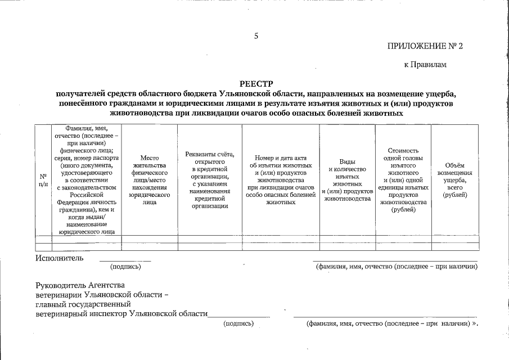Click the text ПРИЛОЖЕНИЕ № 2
click(x=425, y=46)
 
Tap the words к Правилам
click(x=425, y=65)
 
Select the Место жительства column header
click(x=150, y=179)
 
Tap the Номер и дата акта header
click(x=280, y=179)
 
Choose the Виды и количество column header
click(x=347, y=179)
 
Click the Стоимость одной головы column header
click(x=403, y=180)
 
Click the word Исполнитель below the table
click(x=60, y=258)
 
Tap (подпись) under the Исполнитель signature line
click(x=125, y=267)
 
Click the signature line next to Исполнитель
click(x=125, y=261)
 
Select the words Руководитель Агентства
click(x=80, y=285)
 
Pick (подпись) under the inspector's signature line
click(x=238, y=323)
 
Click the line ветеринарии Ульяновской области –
click(x=102, y=295)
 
